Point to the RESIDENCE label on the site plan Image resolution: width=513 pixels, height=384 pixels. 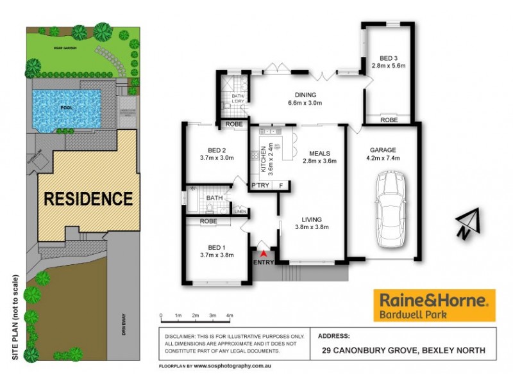[x=88, y=198]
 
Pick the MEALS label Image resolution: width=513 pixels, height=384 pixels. [x=319, y=153]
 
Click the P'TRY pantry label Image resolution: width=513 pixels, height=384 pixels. [x=260, y=186]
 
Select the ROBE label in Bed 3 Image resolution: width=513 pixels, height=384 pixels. [x=389, y=120]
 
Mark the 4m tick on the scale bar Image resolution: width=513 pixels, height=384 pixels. [x=230, y=315]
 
